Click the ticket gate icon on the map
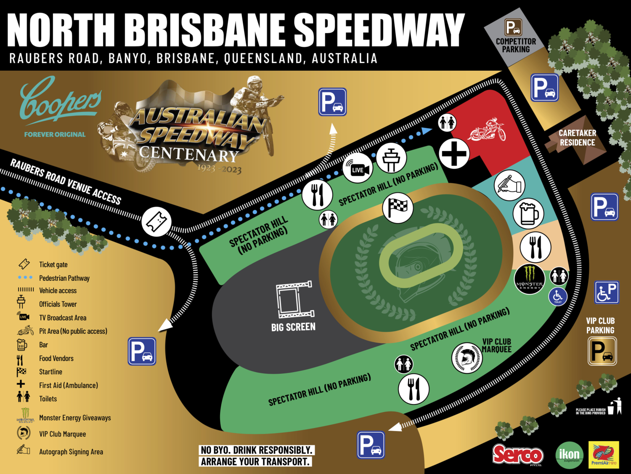[x=156, y=221]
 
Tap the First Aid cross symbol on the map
[x=454, y=153]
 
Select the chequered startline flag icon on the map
[x=398, y=207]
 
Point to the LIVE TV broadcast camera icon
[x=358, y=169]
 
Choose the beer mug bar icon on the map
[x=528, y=214]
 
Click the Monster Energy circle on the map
[x=530, y=279]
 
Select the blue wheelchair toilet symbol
[x=558, y=296]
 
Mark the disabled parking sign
[x=607, y=292]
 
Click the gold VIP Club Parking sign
[x=602, y=351]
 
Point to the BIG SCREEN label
[x=293, y=327]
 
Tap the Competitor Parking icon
[x=513, y=28]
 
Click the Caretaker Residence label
[x=577, y=138]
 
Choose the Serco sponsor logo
[x=518, y=455]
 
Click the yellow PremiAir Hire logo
[x=604, y=455]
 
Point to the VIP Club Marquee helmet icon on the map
[x=467, y=358]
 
